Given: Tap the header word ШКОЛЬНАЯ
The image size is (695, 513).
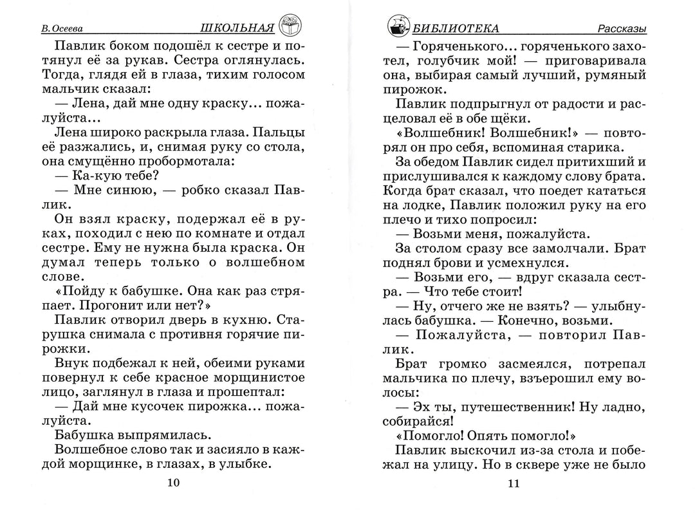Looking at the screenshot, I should point(238,28).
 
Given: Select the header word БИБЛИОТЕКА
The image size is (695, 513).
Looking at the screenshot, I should point(456,28).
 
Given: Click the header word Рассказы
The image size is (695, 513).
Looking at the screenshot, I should point(620,29).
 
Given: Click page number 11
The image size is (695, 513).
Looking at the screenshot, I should point(513,484).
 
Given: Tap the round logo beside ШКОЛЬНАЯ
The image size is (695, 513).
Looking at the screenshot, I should point(291,25).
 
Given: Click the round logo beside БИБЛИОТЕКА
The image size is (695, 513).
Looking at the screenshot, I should point(399,26).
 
